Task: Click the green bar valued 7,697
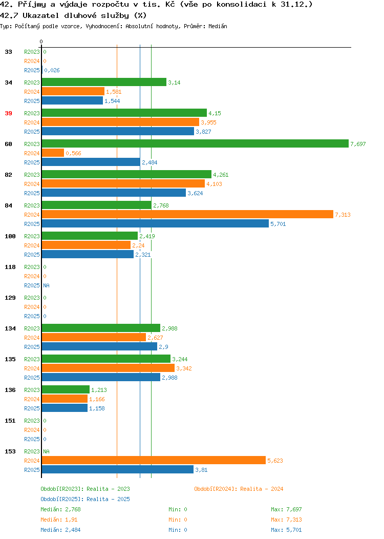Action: click(195, 143)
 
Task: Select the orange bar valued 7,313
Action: click(187, 215)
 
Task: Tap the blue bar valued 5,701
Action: click(155, 224)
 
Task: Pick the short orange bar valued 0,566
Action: click(53, 153)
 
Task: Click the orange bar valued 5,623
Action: click(154, 460)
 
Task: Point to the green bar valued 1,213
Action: click(66, 389)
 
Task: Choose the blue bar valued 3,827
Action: click(118, 131)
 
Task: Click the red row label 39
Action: click(9, 113)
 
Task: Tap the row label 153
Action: click(10, 451)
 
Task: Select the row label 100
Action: click(10, 236)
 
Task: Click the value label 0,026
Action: click(52, 70)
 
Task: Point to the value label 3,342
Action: click(184, 368)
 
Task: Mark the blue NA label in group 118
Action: click(47, 285)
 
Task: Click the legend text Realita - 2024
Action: click(262, 489)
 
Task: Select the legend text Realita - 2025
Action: click(108, 499)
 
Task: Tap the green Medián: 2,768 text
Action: click(60, 509)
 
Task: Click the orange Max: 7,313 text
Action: click(286, 520)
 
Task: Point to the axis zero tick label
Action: click(41, 42)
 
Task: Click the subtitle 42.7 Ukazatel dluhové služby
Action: click(73, 15)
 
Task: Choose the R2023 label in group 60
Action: click(32, 144)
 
